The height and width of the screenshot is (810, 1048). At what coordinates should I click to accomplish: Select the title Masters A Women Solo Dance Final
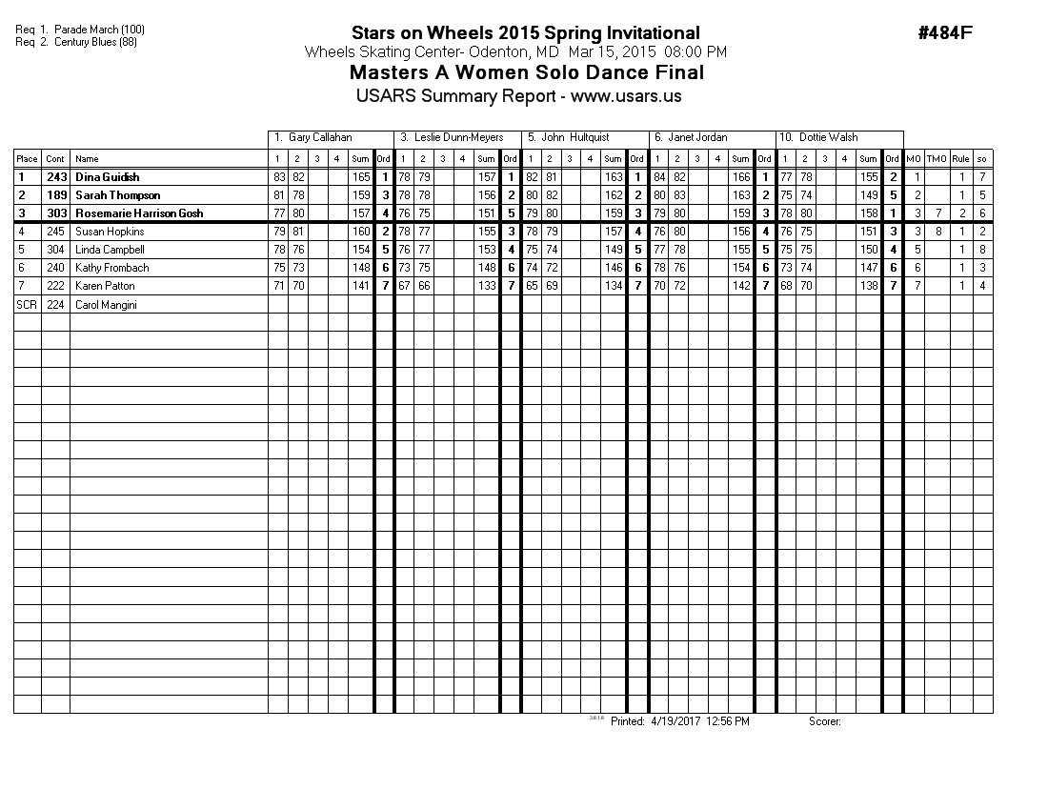527,73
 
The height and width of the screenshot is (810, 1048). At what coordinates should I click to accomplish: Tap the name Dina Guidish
107,177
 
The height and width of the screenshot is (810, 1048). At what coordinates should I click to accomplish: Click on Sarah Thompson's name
117,195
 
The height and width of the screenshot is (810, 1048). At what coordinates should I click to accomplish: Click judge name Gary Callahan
319,138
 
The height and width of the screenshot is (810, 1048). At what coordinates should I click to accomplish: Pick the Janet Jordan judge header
696,138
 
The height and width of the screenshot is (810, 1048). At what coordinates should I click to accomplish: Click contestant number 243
56,177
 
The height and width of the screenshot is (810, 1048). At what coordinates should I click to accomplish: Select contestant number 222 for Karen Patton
55,286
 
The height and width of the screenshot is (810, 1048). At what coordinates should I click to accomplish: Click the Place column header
27,159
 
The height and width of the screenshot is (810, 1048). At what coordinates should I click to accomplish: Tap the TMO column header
937,159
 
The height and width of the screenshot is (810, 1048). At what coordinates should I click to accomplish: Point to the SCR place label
26,305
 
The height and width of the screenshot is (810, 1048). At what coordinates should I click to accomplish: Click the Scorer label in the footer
825,721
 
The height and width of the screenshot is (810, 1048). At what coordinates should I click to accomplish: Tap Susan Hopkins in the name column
110,232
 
